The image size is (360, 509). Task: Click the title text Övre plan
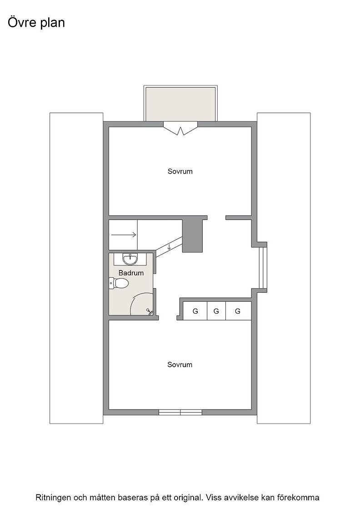click(x=36, y=23)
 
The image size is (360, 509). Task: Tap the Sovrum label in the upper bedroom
click(x=180, y=171)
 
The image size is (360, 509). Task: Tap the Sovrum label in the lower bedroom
click(x=180, y=364)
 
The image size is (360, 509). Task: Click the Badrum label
click(x=131, y=273)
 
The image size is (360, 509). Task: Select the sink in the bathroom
click(x=130, y=259)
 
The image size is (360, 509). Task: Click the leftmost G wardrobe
click(x=195, y=311)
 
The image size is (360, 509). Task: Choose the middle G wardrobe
click(x=216, y=311)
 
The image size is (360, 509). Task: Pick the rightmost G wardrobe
click(x=238, y=311)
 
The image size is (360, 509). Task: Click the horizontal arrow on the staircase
click(x=124, y=235)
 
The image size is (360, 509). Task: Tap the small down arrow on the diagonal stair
click(x=169, y=247)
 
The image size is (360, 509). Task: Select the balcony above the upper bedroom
click(x=180, y=104)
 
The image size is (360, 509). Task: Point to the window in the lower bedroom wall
click(x=180, y=412)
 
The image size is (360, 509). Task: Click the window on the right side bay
click(x=263, y=268)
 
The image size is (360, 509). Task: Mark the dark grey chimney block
click(x=192, y=236)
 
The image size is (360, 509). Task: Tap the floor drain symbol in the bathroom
click(x=149, y=312)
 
